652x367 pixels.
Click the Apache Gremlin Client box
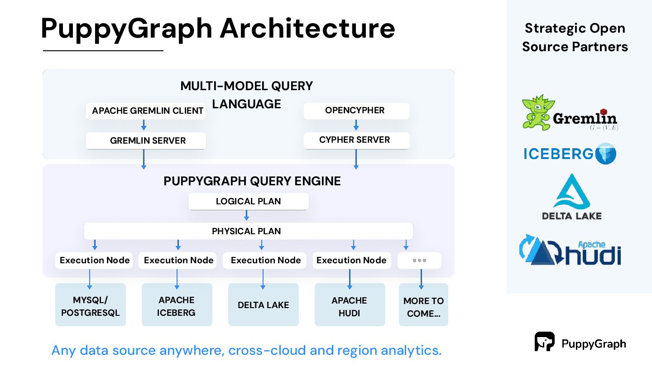click(x=145, y=111)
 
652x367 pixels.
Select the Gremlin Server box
click(x=145, y=140)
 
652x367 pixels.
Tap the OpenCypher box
click(x=357, y=111)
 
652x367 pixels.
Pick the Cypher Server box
click(x=357, y=140)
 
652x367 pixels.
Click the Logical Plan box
click(x=248, y=201)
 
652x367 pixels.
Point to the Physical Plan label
click(x=246, y=231)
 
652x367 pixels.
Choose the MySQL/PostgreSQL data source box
click(x=91, y=304)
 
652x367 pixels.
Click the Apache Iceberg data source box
click(x=177, y=304)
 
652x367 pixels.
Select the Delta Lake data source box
click(x=264, y=304)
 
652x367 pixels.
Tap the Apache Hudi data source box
click(x=350, y=304)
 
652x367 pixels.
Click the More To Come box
click(x=423, y=304)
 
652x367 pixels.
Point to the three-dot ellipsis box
click(x=419, y=261)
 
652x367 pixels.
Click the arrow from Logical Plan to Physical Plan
click(x=246, y=215)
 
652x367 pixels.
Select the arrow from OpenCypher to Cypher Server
click(x=356, y=125)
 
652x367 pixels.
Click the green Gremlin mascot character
click(x=537, y=112)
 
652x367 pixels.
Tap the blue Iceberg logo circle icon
click(x=606, y=154)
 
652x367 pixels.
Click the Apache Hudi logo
click(x=570, y=250)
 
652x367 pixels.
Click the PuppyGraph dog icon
click(x=544, y=341)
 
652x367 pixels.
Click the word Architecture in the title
click(x=307, y=28)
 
